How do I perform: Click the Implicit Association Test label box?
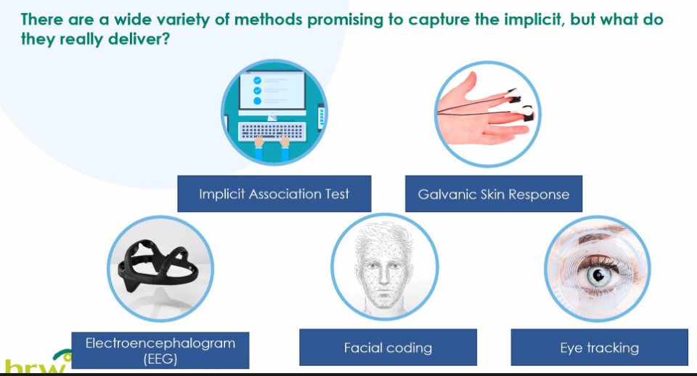coord(274,194)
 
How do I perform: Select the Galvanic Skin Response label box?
coord(494,194)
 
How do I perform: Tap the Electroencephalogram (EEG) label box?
coord(160,350)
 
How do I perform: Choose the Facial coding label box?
coord(388,347)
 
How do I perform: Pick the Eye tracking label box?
coord(599,347)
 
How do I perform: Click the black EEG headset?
coord(158,267)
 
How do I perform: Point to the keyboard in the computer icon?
coord(272,131)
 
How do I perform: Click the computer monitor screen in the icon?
coord(272,91)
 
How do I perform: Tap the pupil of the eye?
coord(598,276)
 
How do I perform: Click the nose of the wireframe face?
coord(383,280)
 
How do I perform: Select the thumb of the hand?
coord(467,86)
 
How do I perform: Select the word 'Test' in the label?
coord(337,194)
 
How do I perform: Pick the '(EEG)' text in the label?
coord(160,359)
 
